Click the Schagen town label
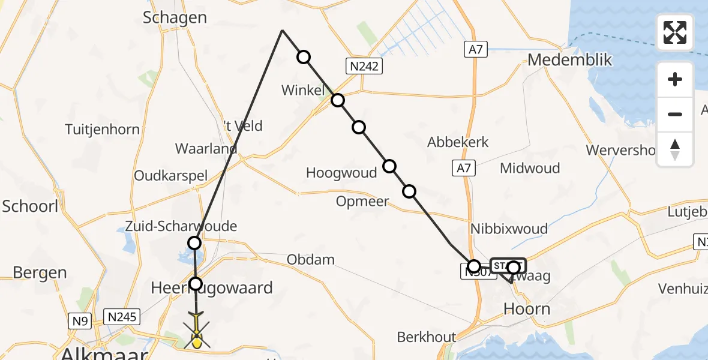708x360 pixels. (x=175, y=17)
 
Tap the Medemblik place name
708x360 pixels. (x=569, y=60)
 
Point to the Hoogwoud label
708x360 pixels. (x=341, y=173)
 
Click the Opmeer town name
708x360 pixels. (x=362, y=202)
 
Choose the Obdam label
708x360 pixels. (x=310, y=260)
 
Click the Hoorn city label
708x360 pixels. (x=526, y=308)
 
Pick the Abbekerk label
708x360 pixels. (x=458, y=142)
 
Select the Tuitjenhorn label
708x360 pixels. (x=102, y=129)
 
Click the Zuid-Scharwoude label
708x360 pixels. (x=181, y=226)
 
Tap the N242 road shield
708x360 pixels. (x=364, y=66)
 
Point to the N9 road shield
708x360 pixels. (x=81, y=320)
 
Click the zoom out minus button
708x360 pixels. (x=675, y=114)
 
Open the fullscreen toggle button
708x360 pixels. (x=675, y=32)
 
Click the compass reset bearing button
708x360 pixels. (x=675, y=149)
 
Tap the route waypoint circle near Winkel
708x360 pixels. (x=338, y=100)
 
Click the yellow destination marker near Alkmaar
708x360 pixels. (x=196, y=342)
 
